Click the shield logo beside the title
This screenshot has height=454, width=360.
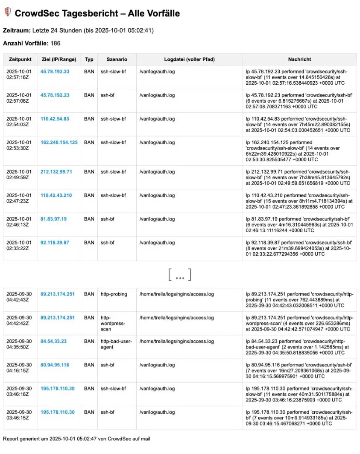click(x=7, y=13)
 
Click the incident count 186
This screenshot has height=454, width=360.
click(x=56, y=43)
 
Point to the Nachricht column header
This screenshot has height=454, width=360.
click(x=299, y=59)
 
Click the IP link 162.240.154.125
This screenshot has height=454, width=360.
click(x=59, y=142)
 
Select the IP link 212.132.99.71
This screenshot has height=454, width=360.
click(x=56, y=172)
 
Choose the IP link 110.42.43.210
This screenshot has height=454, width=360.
click(x=56, y=195)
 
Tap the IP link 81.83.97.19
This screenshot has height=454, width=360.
click(x=53, y=219)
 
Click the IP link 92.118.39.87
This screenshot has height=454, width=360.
click(x=55, y=242)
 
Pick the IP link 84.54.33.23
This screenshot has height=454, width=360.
click(x=53, y=341)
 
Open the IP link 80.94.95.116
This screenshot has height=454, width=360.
click(x=55, y=365)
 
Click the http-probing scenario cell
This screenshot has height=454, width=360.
click(x=113, y=294)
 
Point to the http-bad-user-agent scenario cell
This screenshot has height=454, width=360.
click(x=116, y=344)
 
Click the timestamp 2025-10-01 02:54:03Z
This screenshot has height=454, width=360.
click(x=18, y=121)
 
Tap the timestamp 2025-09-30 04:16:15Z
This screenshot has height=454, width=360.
click(x=18, y=368)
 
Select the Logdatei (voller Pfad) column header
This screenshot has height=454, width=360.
click(x=190, y=59)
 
